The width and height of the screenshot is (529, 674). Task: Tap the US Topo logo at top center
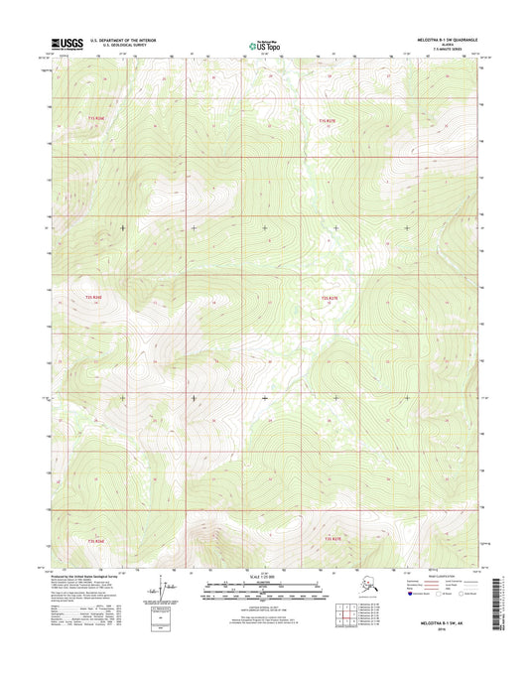tap(263, 44)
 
